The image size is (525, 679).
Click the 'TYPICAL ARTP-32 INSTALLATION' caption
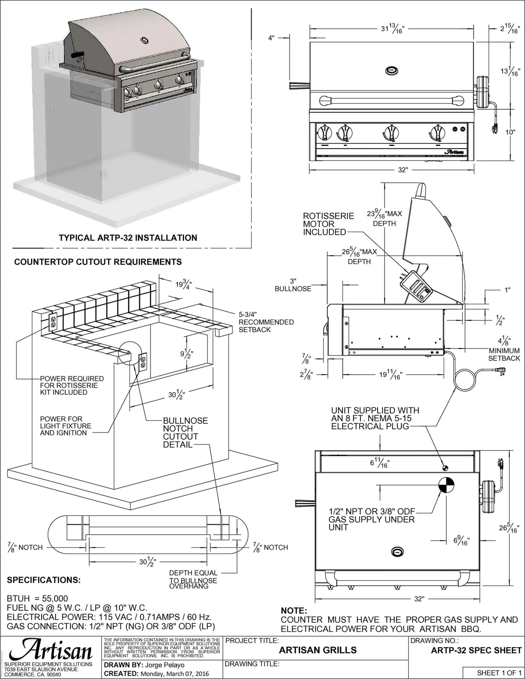[x=128, y=238]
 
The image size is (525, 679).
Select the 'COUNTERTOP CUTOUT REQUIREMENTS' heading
[x=98, y=262]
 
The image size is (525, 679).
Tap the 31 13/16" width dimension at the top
[x=392, y=29]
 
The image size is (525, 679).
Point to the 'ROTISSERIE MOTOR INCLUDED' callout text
[x=328, y=224]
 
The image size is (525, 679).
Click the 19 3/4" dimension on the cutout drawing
[x=184, y=285]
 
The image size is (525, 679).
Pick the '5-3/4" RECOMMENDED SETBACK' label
[x=266, y=322]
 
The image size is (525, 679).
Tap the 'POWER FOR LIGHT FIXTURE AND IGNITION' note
[x=66, y=426]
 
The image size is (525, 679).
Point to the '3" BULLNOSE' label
[x=293, y=285]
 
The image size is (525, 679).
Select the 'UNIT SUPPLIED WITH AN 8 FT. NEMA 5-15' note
[x=374, y=418]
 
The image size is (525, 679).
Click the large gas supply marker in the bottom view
[x=447, y=485]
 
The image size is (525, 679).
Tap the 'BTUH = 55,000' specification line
[x=38, y=598]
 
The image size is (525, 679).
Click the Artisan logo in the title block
[x=50, y=651]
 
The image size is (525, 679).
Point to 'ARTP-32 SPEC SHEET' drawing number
[x=476, y=650]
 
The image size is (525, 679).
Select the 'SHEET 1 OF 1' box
[x=499, y=673]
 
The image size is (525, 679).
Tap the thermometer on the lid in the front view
[x=392, y=70]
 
